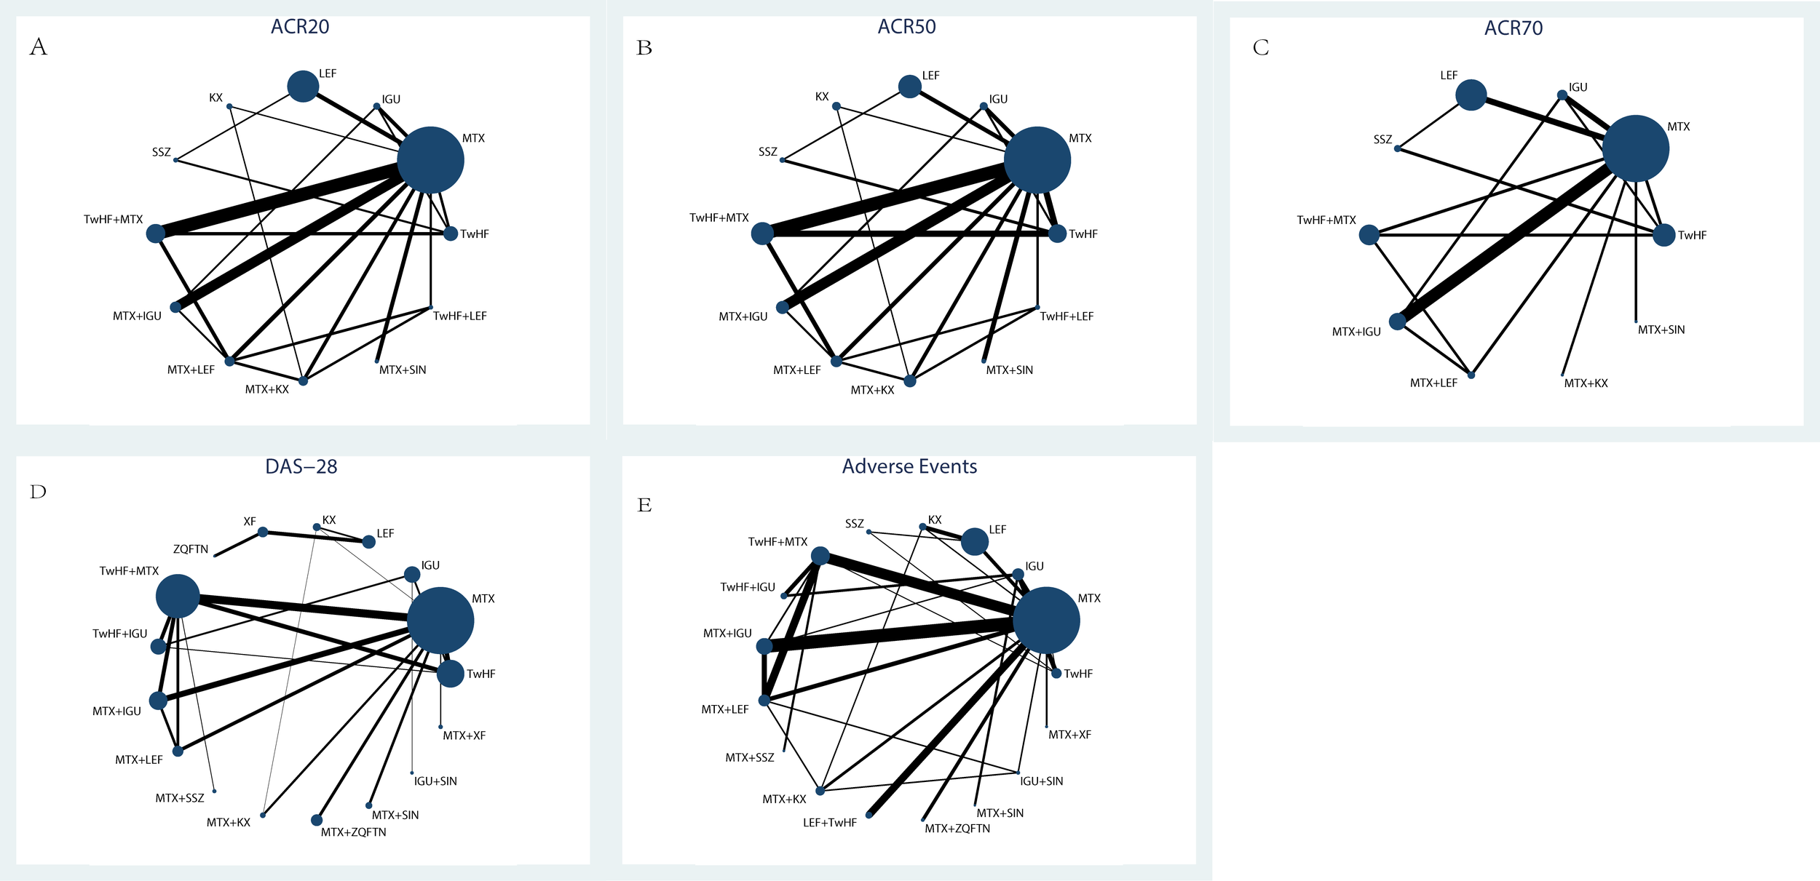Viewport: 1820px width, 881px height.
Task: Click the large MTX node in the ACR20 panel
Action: (430, 160)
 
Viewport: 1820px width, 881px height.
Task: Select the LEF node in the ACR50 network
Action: (909, 87)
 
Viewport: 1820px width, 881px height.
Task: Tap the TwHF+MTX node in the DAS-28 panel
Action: (178, 596)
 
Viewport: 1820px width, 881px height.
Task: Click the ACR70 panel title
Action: (1514, 28)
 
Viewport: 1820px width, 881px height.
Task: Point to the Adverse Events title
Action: (909, 466)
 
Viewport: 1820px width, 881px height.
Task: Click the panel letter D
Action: (38, 493)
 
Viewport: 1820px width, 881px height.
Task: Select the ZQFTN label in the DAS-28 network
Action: (191, 549)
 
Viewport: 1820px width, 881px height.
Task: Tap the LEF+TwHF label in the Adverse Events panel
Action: (829, 823)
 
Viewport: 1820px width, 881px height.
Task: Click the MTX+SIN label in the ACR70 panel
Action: (1661, 330)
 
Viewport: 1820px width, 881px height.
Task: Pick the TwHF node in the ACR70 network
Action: (1663, 235)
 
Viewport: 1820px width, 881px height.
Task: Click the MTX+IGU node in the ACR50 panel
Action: (783, 307)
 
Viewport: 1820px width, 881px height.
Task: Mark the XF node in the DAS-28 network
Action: (263, 532)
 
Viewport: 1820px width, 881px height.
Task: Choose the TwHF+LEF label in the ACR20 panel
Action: (459, 316)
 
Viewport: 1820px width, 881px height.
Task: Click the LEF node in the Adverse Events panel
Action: (974, 541)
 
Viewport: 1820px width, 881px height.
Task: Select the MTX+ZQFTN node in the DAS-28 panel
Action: (316, 820)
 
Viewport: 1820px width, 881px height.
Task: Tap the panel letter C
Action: (1261, 48)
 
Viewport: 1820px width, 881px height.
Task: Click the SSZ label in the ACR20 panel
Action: (162, 152)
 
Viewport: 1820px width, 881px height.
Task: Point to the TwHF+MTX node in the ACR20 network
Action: (156, 234)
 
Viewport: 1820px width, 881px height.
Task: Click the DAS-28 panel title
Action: (301, 466)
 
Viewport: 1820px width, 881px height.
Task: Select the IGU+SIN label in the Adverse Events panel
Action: (1041, 781)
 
